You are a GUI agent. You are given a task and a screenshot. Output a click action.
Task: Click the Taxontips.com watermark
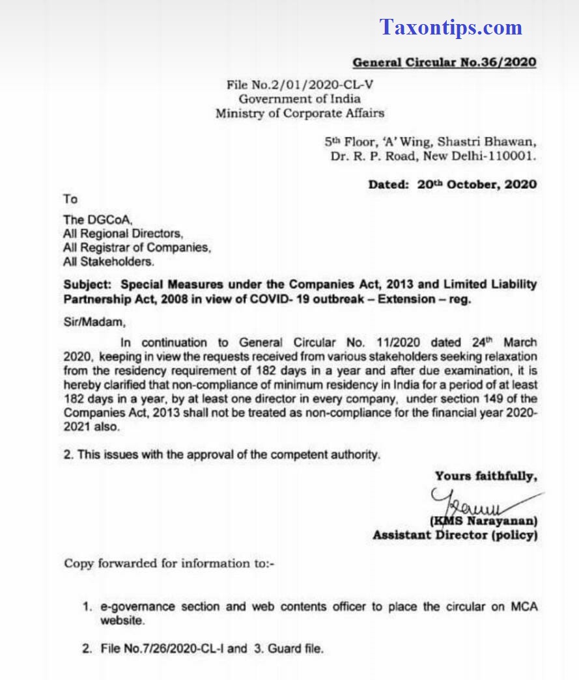[x=451, y=27]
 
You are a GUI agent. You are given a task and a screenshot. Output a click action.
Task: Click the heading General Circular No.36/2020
[x=444, y=62]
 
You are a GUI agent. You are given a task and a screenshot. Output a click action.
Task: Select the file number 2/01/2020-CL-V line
[x=300, y=85]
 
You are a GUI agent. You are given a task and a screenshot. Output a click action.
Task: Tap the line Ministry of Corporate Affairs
[x=300, y=113]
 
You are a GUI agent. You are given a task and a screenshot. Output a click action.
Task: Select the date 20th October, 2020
[x=477, y=184]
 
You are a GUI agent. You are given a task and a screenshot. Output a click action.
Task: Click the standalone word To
[x=70, y=198]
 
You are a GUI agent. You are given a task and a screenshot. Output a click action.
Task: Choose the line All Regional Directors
[x=123, y=233]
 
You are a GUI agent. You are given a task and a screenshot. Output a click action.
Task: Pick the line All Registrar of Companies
[x=137, y=247]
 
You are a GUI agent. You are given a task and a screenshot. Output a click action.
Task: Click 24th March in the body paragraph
[x=504, y=342]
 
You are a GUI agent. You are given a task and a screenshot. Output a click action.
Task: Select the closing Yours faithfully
[x=486, y=476]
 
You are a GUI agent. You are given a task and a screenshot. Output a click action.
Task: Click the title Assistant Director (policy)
[x=455, y=536]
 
